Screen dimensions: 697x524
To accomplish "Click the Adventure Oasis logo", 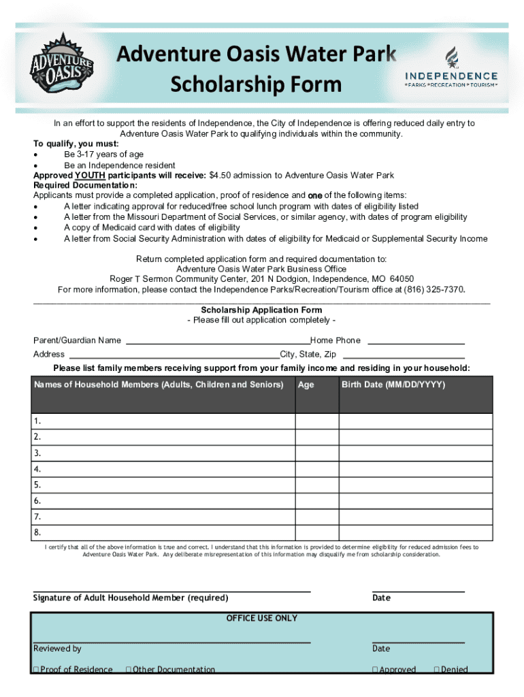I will [60, 65].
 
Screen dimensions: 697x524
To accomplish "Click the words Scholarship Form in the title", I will [255, 85].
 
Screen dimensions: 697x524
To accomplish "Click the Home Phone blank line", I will [416, 340].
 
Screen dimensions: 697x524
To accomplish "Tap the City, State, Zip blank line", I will [404, 354].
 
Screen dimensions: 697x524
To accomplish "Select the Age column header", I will [306, 385].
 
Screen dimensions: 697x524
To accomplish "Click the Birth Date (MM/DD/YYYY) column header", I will [393, 385].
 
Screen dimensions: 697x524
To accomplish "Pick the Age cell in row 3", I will [316, 453].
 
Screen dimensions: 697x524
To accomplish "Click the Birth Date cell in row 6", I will [415, 501].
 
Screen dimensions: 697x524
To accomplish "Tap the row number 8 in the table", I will [37, 532].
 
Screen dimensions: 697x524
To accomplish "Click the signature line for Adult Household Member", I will [171, 591].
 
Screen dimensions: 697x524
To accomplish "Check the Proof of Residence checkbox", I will [35, 670].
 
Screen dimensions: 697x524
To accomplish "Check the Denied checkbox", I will [436, 670].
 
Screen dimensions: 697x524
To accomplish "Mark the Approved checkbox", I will [375, 670].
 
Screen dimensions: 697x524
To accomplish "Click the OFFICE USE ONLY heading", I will [261, 618].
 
